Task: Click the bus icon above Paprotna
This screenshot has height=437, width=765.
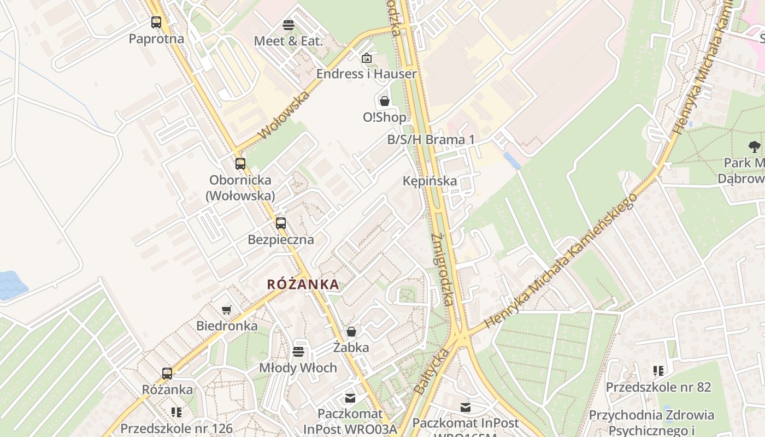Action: [156, 22]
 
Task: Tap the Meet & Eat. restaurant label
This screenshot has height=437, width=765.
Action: [289, 41]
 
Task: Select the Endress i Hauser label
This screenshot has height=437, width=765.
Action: [367, 74]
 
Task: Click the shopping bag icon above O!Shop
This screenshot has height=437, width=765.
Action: [385, 101]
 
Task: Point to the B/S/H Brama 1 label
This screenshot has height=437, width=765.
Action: [431, 140]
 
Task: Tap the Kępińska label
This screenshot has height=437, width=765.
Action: [429, 181]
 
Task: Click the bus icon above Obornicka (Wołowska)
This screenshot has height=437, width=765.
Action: [240, 163]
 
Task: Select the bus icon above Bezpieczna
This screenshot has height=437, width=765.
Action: [281, 223]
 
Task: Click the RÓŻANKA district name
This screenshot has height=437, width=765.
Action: [303, 285]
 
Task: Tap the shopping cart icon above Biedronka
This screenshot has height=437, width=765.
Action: [227, 310]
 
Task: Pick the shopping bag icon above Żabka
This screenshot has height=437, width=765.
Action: [351, 332]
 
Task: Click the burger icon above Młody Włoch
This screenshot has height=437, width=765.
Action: [298, 351]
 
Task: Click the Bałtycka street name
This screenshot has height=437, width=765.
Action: [429, 372]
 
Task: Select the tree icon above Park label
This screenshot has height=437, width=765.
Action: [755, 146]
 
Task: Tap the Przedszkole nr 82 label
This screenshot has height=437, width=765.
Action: [658, 387]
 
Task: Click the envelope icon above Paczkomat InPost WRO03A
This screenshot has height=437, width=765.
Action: [350, 398]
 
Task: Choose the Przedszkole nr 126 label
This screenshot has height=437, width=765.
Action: [176, 429]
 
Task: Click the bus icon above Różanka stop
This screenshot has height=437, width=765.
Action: [167, 374]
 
